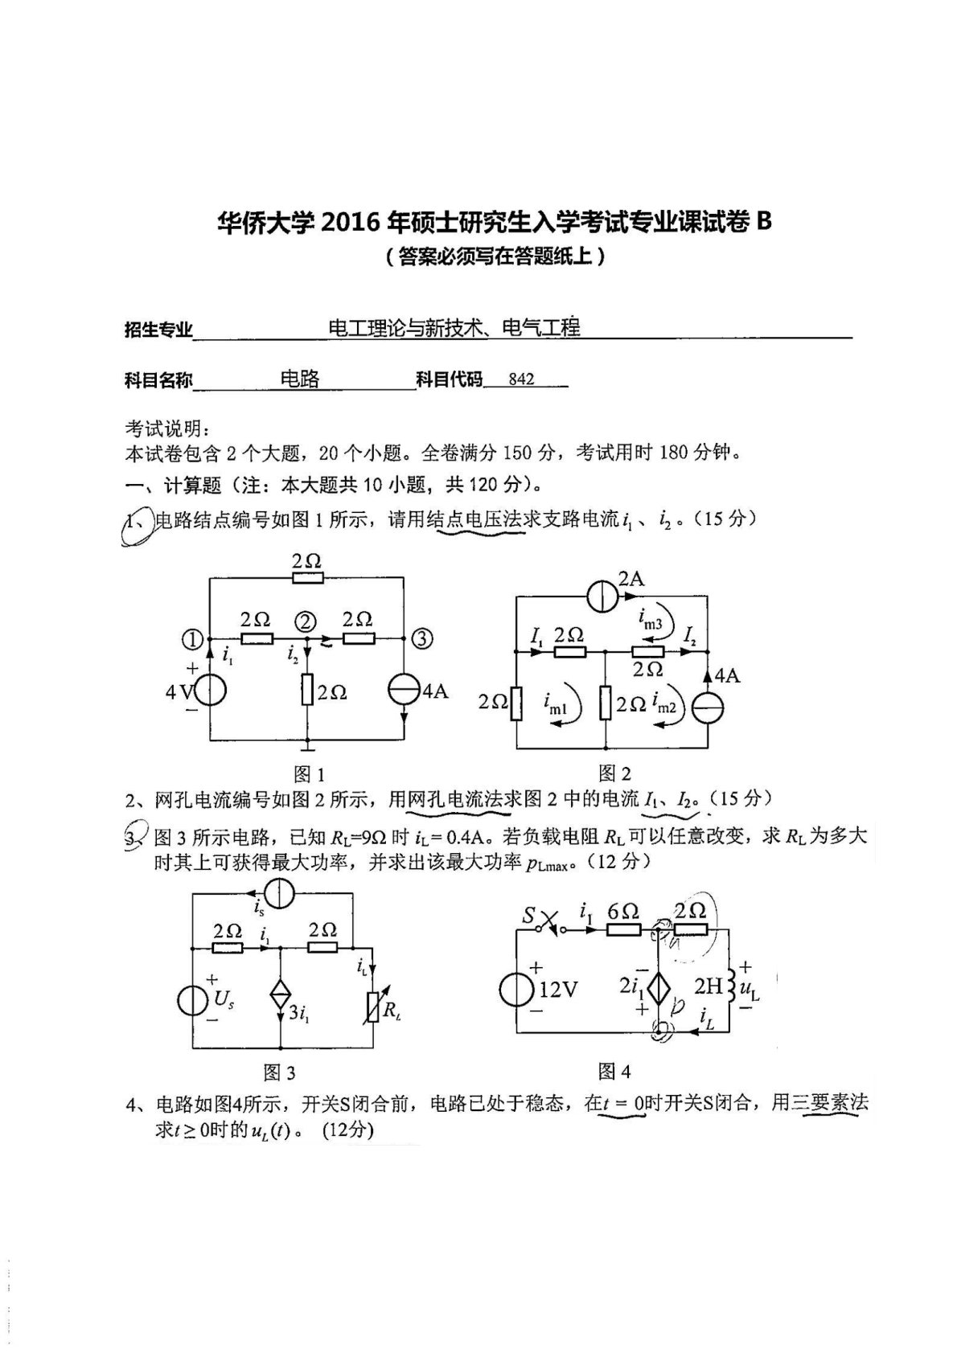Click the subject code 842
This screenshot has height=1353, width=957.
pos(521,379)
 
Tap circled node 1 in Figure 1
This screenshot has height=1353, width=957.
pos(192,640)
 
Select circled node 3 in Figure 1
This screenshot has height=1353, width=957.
pos(423,638)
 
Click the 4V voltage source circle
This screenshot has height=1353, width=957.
pos(209,690)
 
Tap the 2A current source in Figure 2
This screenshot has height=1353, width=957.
pos(602,597)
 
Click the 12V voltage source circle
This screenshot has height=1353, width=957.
pos(515,990)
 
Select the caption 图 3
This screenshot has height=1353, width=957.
pos(279,1072)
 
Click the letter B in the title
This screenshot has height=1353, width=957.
pos(763,220)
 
